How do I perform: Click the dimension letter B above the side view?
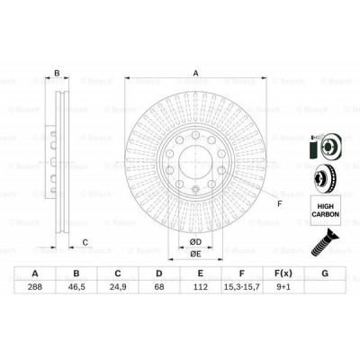[56, 75]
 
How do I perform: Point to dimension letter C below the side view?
[85, 241]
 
